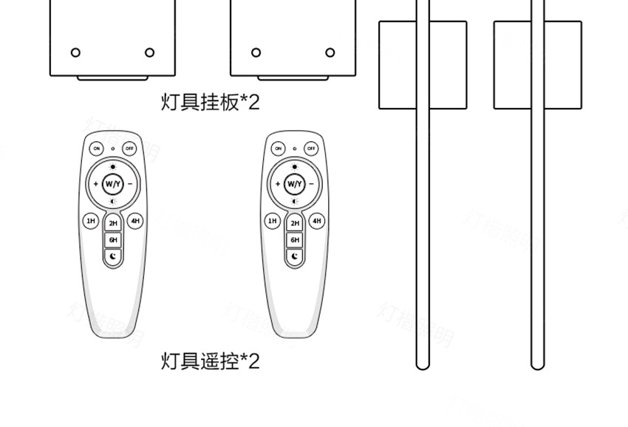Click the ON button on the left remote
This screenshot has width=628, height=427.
pyautogui.click(x=97, y=148)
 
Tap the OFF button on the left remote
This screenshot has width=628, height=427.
pyautogui.click(x=130, y=148)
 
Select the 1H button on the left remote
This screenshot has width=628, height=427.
pyautogui.click(x=91, y=220)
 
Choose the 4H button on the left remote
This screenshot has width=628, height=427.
pyautogui.click(x=134, y=220)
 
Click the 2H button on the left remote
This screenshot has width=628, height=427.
pyautogui.click(x=113, y=223)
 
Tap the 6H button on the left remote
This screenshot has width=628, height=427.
pyautogui.click(x=113, y=239)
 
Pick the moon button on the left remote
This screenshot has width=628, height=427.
pyautogui.click(x=113, y=256)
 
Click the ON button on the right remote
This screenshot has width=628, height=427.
pyautogui.click(x=279, y=148)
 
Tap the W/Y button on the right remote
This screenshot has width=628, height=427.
pyautogui.click(x=295, y=183)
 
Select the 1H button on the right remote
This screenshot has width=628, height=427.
pyautogui.click(x=273, y=220)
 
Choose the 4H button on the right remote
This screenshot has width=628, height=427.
pyautogui.click(x=316, y=220)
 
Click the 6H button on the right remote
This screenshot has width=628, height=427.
pyautogui.click(x=295, y=239)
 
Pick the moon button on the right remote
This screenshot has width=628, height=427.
pyautogui.click(x=295, y=256)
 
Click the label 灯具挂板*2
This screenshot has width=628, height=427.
pyautogui.click(x=211, y=102)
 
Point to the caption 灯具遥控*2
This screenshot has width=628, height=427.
pyautogui.click(x=211, y=361)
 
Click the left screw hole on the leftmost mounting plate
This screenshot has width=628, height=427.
pyautogui.click(x=75, y=52)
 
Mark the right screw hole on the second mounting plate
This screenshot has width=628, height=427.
pyautogui.click(x=330, y=52)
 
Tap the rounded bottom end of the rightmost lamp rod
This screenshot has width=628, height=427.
pyautogui.click(x=537, y=363)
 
